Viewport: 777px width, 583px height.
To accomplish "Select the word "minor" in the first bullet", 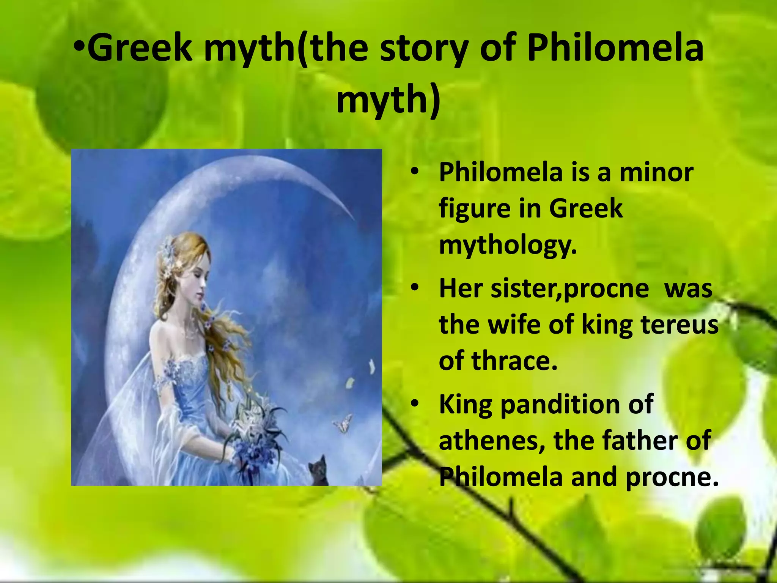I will [x=656, y=173].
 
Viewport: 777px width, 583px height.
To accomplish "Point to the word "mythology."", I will [x=508, y=245].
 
